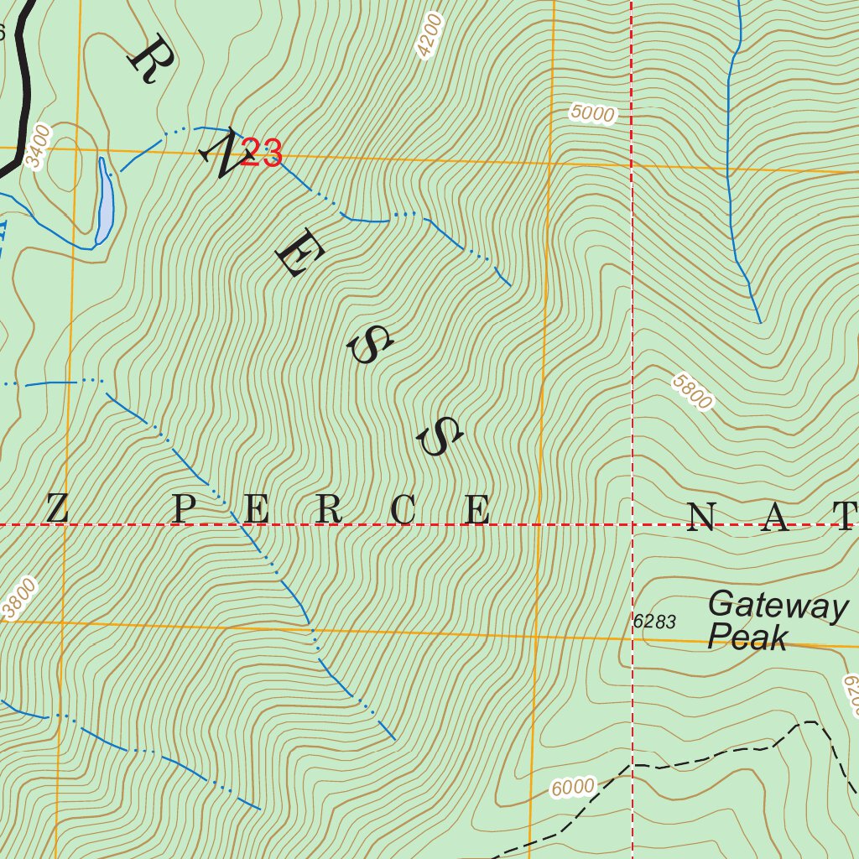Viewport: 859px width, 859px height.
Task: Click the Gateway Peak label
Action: pos(776,621)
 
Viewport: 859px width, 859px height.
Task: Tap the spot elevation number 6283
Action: pos(654,622)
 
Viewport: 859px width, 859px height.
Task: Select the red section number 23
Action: pos(261,153)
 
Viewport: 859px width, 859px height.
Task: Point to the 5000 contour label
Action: pos(592,113)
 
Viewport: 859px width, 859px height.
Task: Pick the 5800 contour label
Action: pos(692,392)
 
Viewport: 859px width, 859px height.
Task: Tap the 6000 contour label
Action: pos(573,788)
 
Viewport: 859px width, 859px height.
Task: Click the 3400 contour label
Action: pos(39,146)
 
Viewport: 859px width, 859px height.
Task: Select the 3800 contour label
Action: pos(20,599)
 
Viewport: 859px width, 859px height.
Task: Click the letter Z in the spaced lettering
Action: pos(56,509)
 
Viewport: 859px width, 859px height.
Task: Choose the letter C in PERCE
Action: pos(403,509)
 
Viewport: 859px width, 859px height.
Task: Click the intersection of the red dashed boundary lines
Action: pos(632,525)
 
